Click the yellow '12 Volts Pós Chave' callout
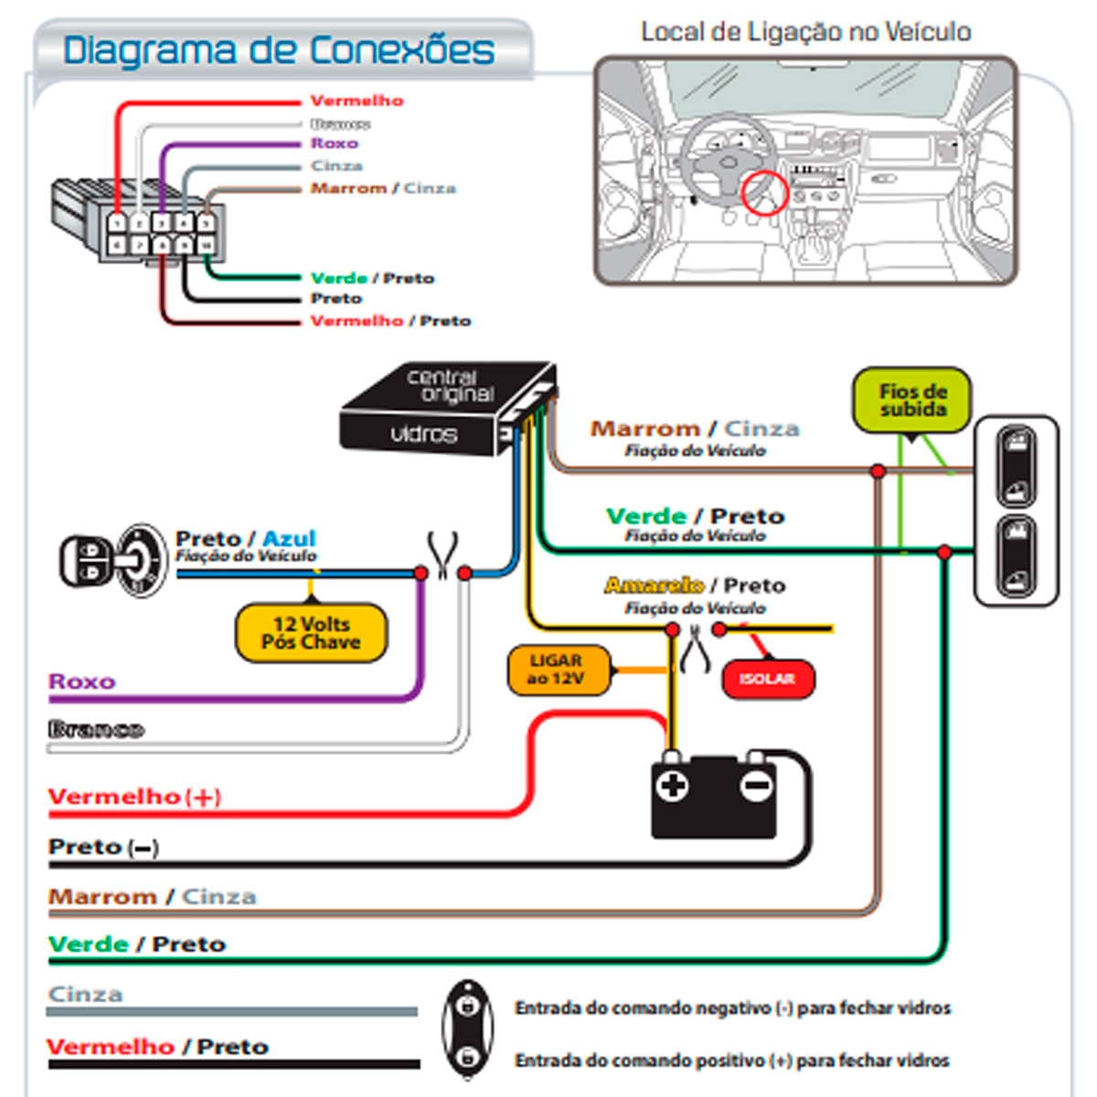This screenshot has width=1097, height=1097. click(311, 633)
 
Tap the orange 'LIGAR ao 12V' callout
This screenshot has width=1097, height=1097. click(557, 670)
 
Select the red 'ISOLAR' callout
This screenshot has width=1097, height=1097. click(767, 679)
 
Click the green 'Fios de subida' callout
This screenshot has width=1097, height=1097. click(911, 400)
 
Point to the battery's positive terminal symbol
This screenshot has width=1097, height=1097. click(672, 785)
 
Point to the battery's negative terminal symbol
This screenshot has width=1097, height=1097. click(756, 785)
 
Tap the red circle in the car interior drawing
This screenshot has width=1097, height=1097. click(763, 193)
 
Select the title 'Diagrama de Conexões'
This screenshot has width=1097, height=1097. click(279, 50)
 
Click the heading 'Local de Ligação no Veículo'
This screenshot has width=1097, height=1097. click(805, 32)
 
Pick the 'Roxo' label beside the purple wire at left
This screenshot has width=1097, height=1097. click(82, 682)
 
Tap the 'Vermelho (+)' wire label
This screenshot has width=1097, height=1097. click(134, 797)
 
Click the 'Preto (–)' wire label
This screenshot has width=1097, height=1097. click(103, 847)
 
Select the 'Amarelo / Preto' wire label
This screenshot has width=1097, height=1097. click(695, 585)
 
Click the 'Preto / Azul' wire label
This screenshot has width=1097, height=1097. click(245, 538)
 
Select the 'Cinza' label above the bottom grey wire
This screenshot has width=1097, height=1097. click(85, 995)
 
